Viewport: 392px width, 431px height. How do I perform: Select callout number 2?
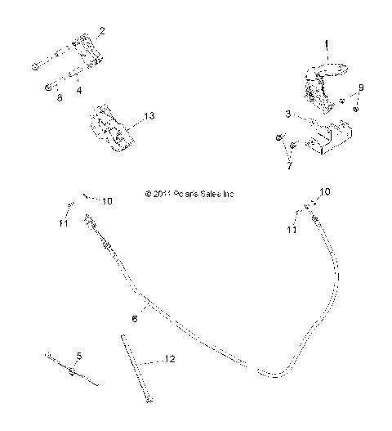pos(101,32)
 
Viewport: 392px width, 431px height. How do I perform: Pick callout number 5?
pos(79,355)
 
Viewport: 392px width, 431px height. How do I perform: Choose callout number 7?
pos(287,166)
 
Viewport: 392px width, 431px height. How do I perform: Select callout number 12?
pos(170,358)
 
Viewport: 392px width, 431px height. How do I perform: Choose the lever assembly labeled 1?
pos(316,87)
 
